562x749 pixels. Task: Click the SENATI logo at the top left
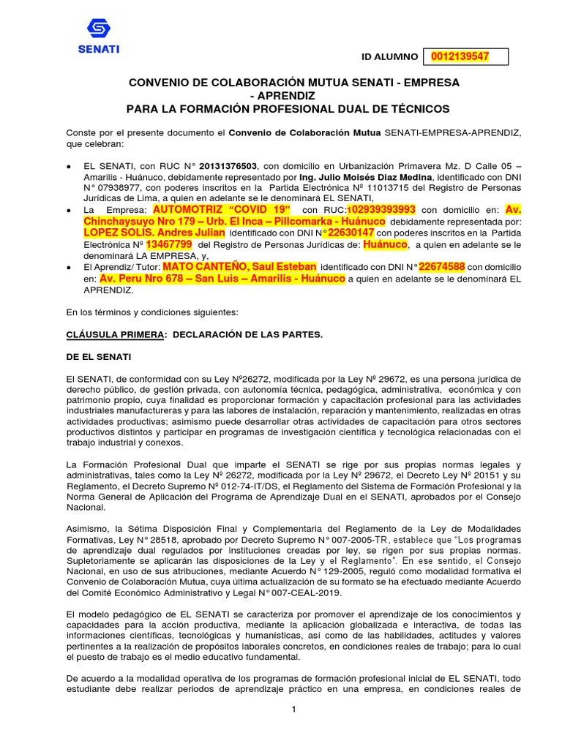[x=97, y=36]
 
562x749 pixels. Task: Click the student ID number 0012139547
[x=460, y=56]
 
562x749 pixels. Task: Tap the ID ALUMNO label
[x=389, y=57]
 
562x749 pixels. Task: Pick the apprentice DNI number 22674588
[x=435, y=266]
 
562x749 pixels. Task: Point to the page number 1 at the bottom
[x=293, y=710]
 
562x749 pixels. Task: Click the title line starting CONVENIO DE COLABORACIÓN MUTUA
[x=294, y=83]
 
